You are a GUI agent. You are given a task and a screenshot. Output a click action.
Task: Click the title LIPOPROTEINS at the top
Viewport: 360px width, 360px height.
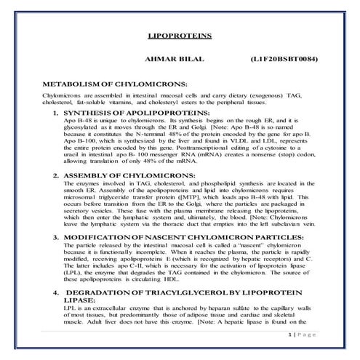[180, 34]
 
